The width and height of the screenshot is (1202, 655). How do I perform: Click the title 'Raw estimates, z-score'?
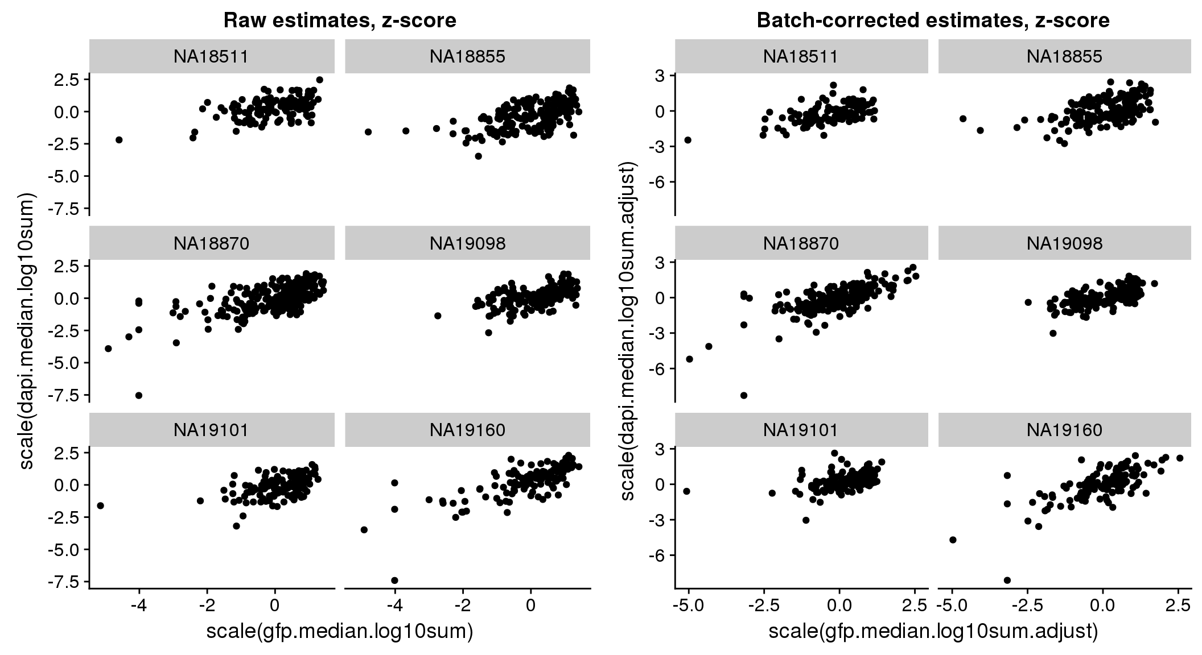click(x=340, y=20)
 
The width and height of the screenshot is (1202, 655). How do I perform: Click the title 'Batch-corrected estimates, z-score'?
click(x=933, y=20)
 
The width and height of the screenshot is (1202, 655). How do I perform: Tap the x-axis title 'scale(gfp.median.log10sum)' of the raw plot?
click(x=340, y=631)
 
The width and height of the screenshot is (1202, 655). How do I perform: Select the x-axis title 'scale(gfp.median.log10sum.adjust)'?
click(x=933, y=631)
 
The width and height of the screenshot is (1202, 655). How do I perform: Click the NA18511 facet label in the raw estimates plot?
click(x=211, y=56)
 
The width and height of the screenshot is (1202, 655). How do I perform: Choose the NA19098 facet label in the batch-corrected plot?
click(x=1064, y=243)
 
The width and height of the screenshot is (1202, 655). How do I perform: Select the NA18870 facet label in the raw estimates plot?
click(x=211, y=243)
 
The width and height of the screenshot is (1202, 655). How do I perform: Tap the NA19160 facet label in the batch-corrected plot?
click(x=1064, y=430)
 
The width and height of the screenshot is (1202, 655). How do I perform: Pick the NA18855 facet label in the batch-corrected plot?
click(x=1064, y=56)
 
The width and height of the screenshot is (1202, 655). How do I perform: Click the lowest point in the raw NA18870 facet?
click(x=138, y=395)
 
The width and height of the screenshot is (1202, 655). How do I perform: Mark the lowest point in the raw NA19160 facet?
click(x=394, y=581)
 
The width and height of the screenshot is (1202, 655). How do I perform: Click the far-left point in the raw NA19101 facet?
click(x=100, y=505)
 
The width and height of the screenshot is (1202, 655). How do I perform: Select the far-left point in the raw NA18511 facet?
click(x=119, y=139)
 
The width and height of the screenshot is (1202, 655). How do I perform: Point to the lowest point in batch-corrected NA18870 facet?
click(x=743, y=395)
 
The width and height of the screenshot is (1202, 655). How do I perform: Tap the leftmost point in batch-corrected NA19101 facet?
click(x=686, y=491)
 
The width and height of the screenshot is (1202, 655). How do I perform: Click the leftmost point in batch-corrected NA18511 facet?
click(x=688, y=140)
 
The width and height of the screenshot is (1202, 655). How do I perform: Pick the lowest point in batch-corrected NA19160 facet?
click(x=1007, y=580)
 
